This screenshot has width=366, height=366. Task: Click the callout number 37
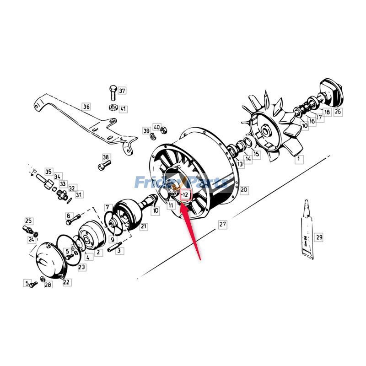[x=122, y=91]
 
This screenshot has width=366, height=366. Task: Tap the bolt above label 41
[x=113, y=94]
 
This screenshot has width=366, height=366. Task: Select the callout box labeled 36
[x=86, y=107]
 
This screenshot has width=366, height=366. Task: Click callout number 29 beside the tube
[x=319, y=237]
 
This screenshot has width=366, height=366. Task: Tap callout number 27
[x=222, y=225]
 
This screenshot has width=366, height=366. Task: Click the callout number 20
[x=244, y=189]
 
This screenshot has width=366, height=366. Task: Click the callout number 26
[x=338, y=111]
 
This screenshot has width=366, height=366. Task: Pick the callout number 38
[x=106, y=157]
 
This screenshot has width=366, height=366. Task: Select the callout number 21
[x=144, y=226]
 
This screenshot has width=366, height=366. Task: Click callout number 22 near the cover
[x=67, y=282]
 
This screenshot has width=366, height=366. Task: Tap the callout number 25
[x=28, y=221]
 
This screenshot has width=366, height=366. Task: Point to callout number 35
[x=48, y=172]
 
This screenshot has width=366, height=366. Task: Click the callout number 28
[x=48, y=285]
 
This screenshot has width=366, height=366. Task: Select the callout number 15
[x=256, y=155]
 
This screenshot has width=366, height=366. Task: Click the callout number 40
[x=157, y=127]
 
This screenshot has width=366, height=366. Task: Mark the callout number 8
[x=69, y=215]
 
